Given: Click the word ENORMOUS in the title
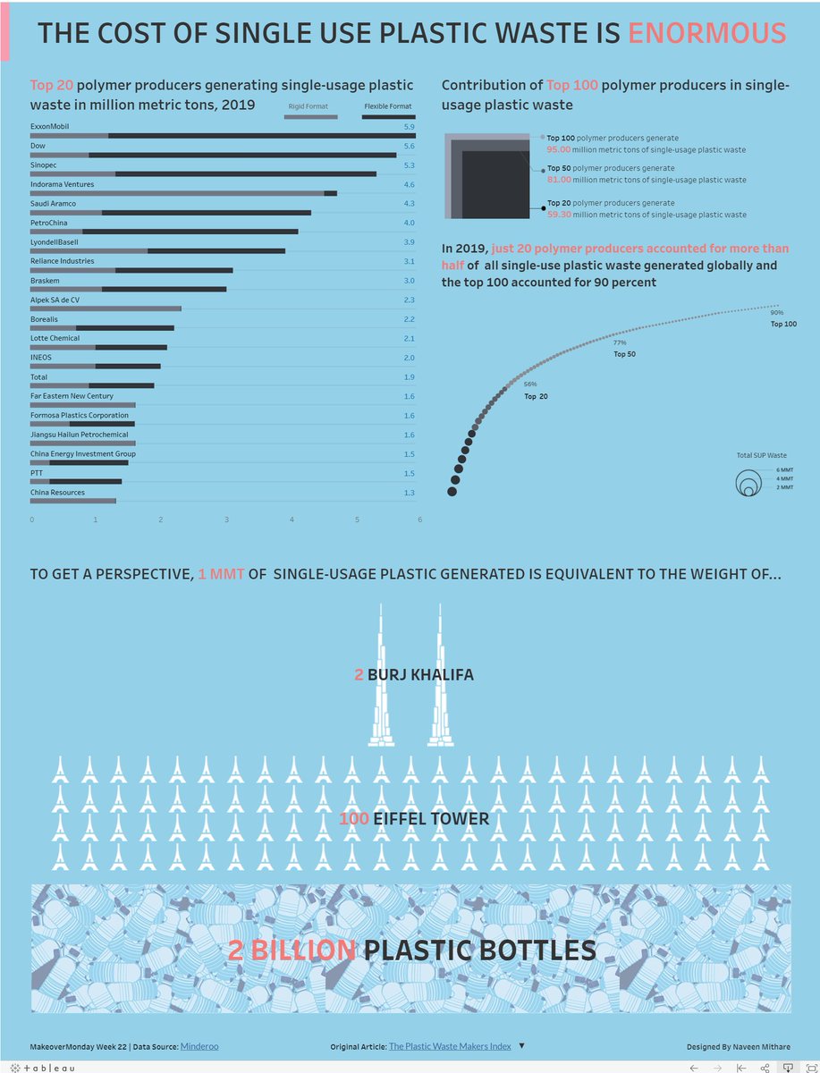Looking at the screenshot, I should pos(706,33).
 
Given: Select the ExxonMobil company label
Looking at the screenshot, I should pos(50,126).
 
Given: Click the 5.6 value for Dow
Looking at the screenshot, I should pos(409,146).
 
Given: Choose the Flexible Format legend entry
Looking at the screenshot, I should pos(387,106).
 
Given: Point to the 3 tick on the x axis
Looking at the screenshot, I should pos(226,520).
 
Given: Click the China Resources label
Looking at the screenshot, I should pos(57,493).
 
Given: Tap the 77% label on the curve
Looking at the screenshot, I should pos(620,342).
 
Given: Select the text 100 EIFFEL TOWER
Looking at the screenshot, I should pos(414,819).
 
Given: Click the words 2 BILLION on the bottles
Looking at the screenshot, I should pos(292,950).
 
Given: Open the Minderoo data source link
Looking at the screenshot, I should pos(199,1046).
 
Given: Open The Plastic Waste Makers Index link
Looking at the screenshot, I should pos(450,1046).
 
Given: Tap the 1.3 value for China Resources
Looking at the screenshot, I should pos(409,493).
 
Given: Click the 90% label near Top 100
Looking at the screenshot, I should pos(777,312).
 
